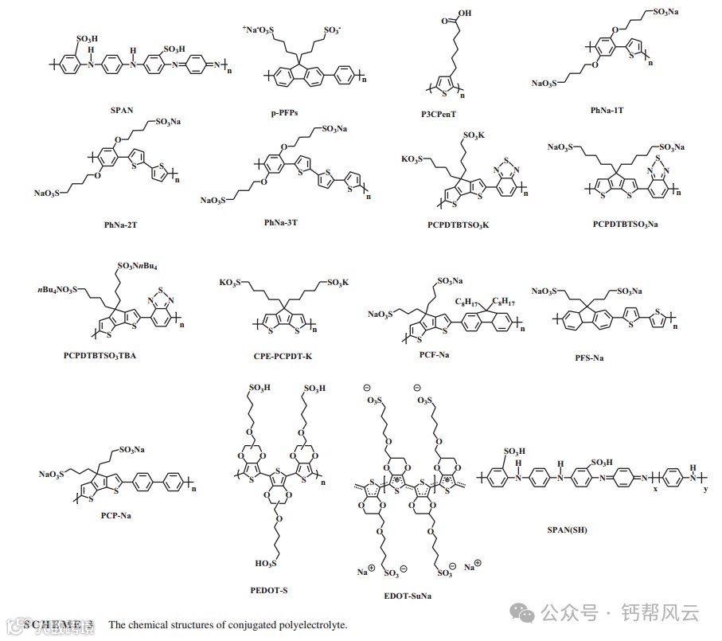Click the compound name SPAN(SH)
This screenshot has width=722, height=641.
567,530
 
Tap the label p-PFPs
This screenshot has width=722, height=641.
284,114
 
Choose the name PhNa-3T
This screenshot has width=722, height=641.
281,222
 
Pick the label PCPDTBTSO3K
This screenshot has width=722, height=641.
458,225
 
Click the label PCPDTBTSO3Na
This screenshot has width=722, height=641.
626,224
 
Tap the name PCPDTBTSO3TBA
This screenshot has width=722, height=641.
99,354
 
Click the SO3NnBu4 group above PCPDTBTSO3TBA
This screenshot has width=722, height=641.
142,265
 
